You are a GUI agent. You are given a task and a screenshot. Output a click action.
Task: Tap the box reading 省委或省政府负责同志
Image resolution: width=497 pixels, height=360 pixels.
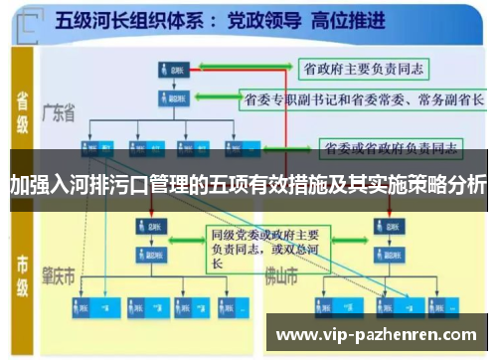(391, 149)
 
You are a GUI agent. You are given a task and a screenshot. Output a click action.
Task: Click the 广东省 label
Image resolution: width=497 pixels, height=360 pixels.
(59, 115)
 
